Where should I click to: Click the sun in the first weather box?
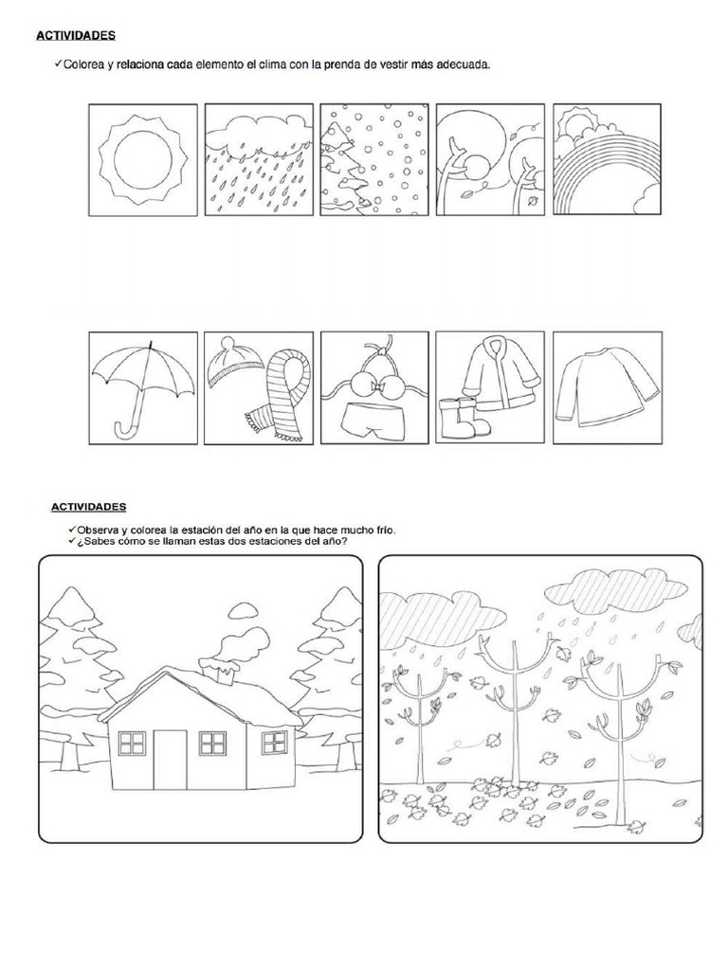[144, 160]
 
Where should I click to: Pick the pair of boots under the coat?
[464, 417]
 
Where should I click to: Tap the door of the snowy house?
[170, 759]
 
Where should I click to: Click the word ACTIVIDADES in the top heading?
[76, 35]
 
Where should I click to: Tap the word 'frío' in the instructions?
[385, 530]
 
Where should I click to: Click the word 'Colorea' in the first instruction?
[83, 63]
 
